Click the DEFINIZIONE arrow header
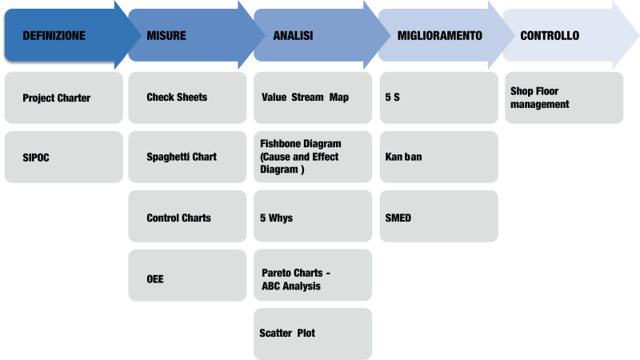point(54,36)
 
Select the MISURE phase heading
point(166,36)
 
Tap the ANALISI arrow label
point(293,36)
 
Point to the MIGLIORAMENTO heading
point(439,36)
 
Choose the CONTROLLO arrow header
point(550,36)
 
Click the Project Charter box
point(64,98)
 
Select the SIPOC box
point(64,157)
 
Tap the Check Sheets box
point(187,98)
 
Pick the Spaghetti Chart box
point(187,157)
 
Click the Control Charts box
point(187,217)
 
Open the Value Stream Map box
point(313,98)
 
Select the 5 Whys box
point(313,217)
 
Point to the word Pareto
point(277,273)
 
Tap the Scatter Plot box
point(313,334)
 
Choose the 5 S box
point(438,98)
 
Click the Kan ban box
point(438,157)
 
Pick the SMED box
point(438,217)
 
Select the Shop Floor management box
point(563,98)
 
